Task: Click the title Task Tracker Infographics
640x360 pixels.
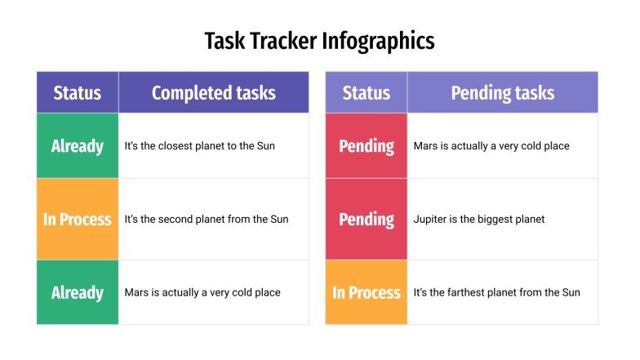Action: click(x=319, y=41)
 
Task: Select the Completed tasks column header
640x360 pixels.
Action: click(x=213, y=93)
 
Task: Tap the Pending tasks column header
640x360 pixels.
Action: click(x=502, y=93)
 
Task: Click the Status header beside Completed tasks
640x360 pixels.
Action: click(x=78, y=93)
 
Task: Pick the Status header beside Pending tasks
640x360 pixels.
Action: click(x=366, y=93)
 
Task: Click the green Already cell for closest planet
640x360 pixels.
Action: click(x=78, y=146)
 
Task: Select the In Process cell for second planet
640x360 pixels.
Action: click(x=78, y=219)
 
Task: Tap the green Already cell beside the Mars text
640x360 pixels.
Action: click(x=78, y=292)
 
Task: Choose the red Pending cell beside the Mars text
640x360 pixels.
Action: click(x=366, y=146)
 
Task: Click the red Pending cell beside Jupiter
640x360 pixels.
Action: click(x=366, y=219)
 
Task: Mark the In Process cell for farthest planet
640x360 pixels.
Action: click(x=366, y=292)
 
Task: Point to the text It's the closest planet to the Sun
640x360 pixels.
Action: click(x=199, y=146)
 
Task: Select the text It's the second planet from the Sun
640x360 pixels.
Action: click(x=206, y=219)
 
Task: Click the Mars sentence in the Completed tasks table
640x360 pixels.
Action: click(x=202, y=292)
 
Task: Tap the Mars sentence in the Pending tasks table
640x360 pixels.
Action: click(x=491, y=146)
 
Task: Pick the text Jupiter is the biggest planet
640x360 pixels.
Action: click(x=478, y=219)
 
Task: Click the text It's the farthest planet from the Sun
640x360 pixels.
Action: click(x=496, y=292)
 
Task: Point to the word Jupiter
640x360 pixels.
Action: click(x=431, y=219)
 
